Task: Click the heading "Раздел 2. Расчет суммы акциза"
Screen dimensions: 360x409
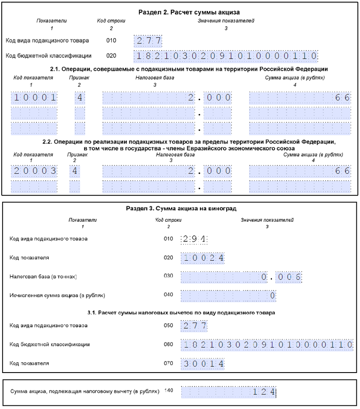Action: coord(189,12)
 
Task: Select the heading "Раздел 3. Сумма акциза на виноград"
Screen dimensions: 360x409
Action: coord(181,208)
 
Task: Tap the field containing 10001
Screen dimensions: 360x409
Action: coord(34,97)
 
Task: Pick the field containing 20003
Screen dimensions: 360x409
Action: coord(34,171)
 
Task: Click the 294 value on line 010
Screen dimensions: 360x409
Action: coord(194,239)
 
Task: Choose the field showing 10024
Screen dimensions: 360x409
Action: coord(203,258)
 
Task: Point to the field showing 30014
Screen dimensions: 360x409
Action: coord(203,364)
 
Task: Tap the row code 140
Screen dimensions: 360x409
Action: coord(169,391)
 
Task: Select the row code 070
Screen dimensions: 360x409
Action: coord(168,363)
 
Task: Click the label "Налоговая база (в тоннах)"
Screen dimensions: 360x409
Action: coord(43,276)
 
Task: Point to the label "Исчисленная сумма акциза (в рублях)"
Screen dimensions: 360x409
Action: coord(57,295)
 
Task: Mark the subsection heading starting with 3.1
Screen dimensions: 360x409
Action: coord(181,312)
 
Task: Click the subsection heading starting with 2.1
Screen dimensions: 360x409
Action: coord(189,69)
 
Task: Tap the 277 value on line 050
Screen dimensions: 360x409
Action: coord(194,326)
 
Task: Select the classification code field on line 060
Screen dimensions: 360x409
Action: coord(267,344)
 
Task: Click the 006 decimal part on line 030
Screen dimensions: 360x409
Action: coord(289,277)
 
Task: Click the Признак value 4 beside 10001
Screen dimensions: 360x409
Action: coord(80,97)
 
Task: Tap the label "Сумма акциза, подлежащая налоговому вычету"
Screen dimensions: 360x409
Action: coord(85,391)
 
